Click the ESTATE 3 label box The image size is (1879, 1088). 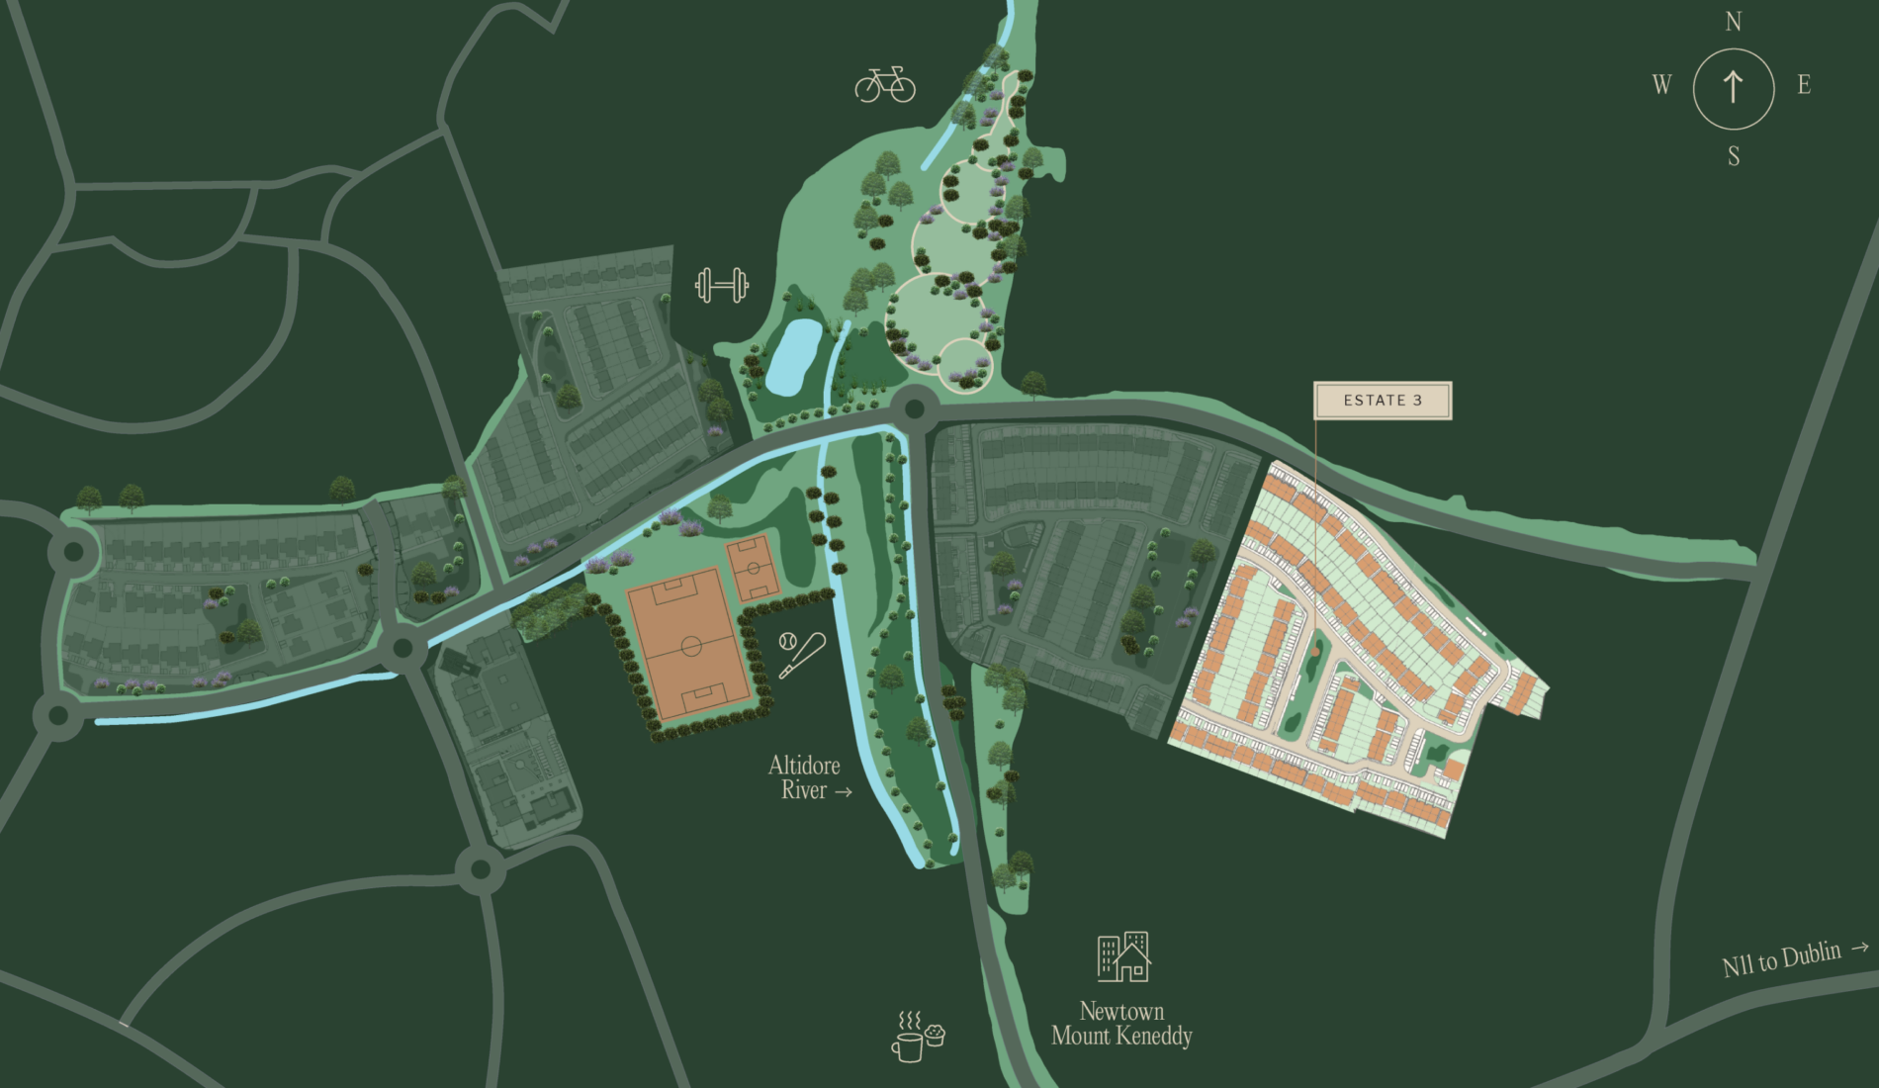tap(1382, 401)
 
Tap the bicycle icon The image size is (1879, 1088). tap(885, 85)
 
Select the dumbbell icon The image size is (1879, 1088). tap(721, 286)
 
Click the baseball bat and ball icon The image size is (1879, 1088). tap(801, 654)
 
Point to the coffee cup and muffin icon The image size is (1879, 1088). tap(919, 1036)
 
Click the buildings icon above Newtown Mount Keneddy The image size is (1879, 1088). tap(1123, 956)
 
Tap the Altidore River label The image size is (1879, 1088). tap(805, 777)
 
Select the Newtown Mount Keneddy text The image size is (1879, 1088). tap(1121, 1024)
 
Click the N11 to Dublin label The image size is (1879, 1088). tap(1782, 958)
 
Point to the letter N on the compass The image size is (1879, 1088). tap(1733, 22)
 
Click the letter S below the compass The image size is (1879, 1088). tap(1734, 156)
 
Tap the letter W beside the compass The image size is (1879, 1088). tap(1661, 85)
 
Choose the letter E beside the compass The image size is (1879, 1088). tap(1804, 85)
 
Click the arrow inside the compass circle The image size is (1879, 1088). tap(1733, 87)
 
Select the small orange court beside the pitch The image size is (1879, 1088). tap(754, 569)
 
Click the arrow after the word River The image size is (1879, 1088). tap(843, 791)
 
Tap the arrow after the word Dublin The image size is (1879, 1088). tap(1859, 947)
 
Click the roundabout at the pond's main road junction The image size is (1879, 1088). tap(915, 408)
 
